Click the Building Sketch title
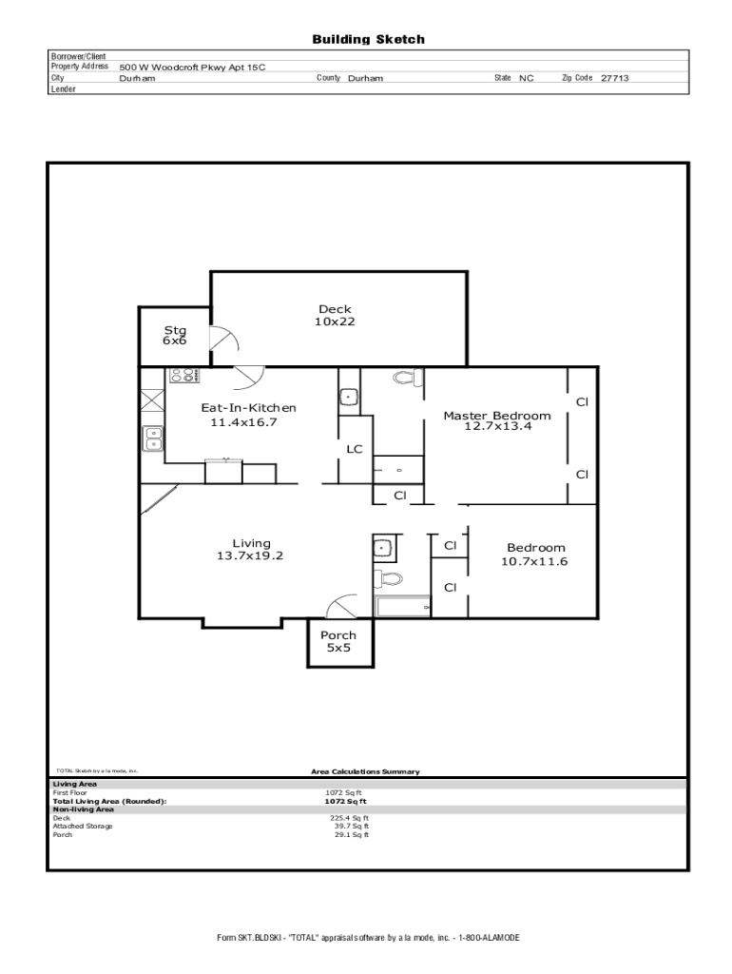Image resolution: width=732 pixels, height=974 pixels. click(x=368, y=39)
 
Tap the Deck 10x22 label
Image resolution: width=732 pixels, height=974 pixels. click(x=335, y=315)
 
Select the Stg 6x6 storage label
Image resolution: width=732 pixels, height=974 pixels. click(x=175, y=336)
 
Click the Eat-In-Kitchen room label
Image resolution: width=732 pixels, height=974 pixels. click(x=248, y=407)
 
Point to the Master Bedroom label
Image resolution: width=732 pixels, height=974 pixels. click(x=496, y=415)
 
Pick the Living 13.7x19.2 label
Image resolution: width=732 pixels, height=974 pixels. click(x=250, y=550)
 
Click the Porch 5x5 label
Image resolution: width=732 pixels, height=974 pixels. click(x=338, y=641)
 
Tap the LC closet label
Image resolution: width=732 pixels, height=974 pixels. click(x=355, y=449)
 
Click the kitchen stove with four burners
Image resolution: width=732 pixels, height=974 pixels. click(x=185, y=375)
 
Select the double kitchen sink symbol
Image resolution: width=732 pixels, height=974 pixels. click(x=152, y=438)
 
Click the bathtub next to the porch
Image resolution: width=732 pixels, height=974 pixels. click(x=403, y=606)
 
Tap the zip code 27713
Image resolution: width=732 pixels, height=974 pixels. click(x=615, y=78)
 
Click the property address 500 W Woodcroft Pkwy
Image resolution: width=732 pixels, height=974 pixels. click(x=192, y=68)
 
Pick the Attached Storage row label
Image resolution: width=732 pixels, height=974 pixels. click(x=83, y=827)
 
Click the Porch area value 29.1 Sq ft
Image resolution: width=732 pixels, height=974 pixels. click(x=352, y=835)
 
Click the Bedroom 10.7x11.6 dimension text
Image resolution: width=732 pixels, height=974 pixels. click(x=534, y=561)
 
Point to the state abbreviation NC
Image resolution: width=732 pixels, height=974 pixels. click(x=527, y=78)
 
